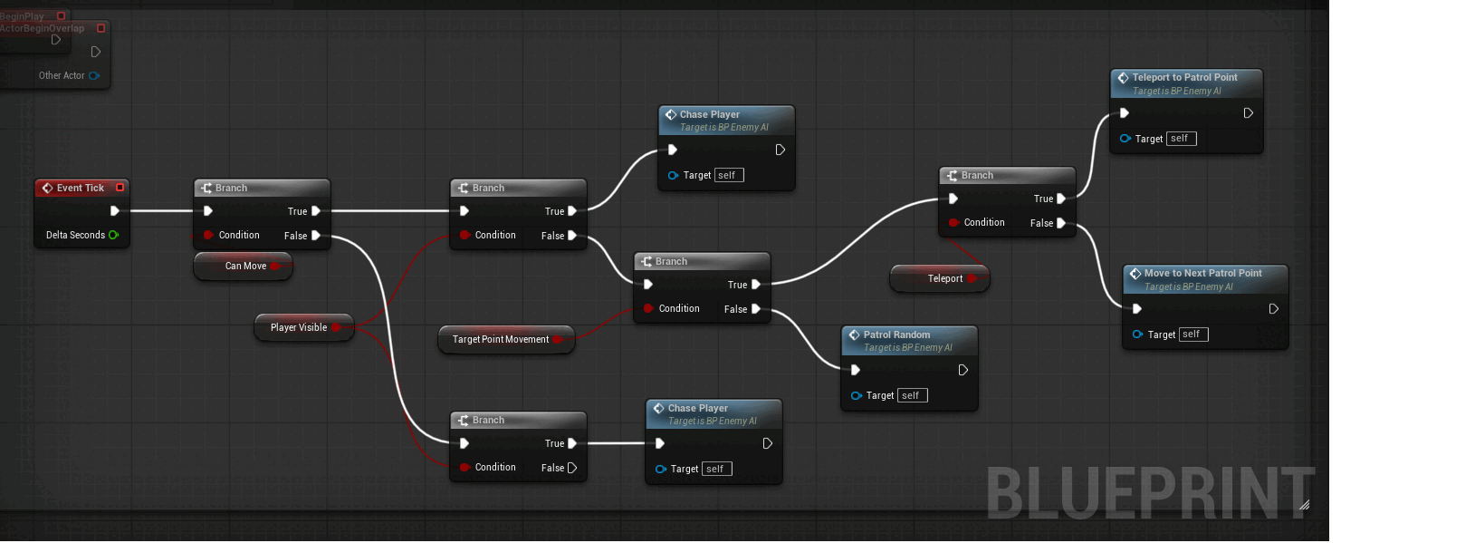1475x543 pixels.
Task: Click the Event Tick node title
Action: [x=80, y=188]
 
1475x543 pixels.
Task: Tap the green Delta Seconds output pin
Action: [x=113, y=235]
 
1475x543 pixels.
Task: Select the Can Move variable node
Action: [x=244, y=266]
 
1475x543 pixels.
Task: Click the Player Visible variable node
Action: [x=298, y=327]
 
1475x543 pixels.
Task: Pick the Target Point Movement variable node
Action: [x=501, y=339]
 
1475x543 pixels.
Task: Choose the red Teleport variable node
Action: [x=944, y=278]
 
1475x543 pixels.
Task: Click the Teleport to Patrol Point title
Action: [x=1184, y=78]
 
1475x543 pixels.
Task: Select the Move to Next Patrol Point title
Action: [x=1202, y=273]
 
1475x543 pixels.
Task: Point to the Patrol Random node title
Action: [x=896, y=335]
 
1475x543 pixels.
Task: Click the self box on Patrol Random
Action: [x=911, y=395]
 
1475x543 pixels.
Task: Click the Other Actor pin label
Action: [x=62, y=75]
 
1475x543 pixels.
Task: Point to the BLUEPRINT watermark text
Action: [x=1149, y=494]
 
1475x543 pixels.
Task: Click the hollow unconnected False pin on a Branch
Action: [x=571, y=468]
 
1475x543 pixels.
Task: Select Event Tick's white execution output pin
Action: [x=114, y=211]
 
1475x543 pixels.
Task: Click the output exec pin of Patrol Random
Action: [x=963, y=370]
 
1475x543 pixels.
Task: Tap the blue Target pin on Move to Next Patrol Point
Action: [x=1137, y=335]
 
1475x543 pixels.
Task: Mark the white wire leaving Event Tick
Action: [x=161, y=211]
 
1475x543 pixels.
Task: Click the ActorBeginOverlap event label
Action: [x=43, y=28]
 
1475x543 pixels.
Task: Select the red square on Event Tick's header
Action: [x=120, y=188]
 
